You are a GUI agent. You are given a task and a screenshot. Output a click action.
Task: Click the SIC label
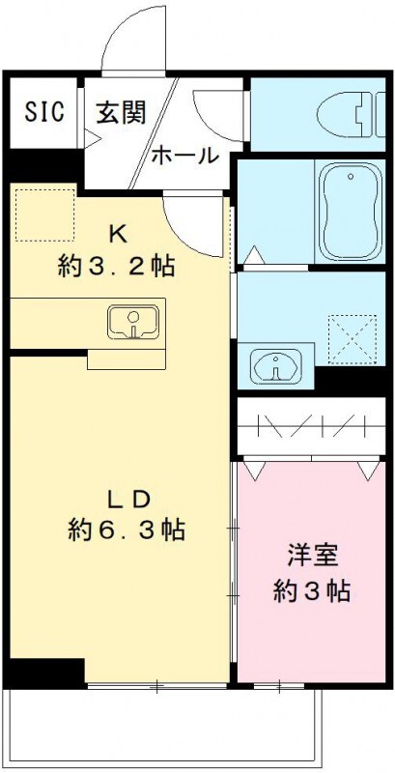tap(43, 111)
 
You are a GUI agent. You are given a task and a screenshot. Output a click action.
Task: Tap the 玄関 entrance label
tap(120, 112)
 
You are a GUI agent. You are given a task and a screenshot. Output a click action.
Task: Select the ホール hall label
tap(183, 156)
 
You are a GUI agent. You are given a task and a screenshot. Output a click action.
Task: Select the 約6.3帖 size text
tap(127, 530)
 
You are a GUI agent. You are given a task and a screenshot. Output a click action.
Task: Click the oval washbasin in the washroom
tap(275, 365)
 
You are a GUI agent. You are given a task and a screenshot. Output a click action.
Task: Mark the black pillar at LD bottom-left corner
tap(43, 672)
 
